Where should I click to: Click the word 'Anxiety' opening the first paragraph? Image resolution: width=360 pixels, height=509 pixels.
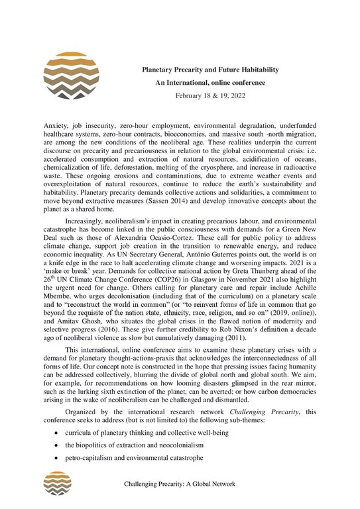pyautogui.click(x=54, y=125)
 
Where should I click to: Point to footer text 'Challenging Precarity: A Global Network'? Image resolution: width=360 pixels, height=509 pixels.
pyautogui.click(x=180, y=484)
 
